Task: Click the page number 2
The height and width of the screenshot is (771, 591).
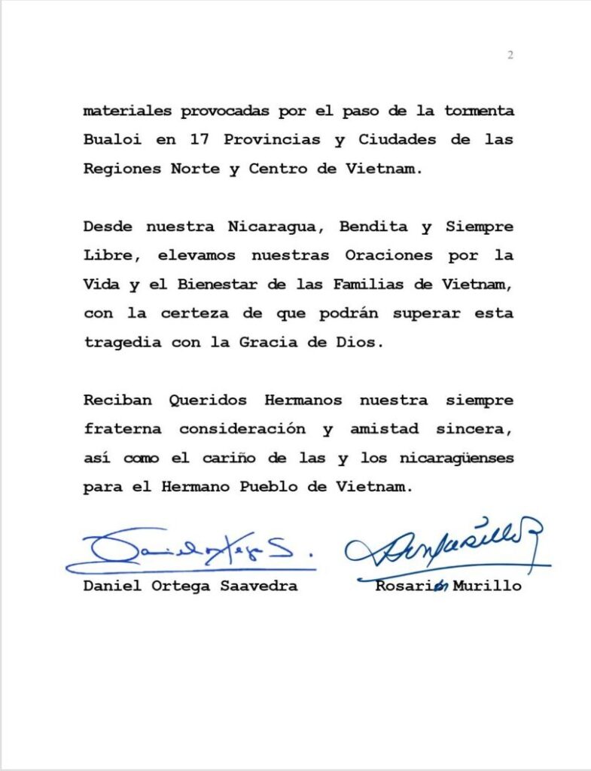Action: [510, 55]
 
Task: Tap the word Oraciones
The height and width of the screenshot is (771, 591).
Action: [388, 255]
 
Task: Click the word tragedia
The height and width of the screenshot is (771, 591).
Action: [119, 341]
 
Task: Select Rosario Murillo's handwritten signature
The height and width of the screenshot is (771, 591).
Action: [444, 544]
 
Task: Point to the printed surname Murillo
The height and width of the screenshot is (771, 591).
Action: [489, 586]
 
